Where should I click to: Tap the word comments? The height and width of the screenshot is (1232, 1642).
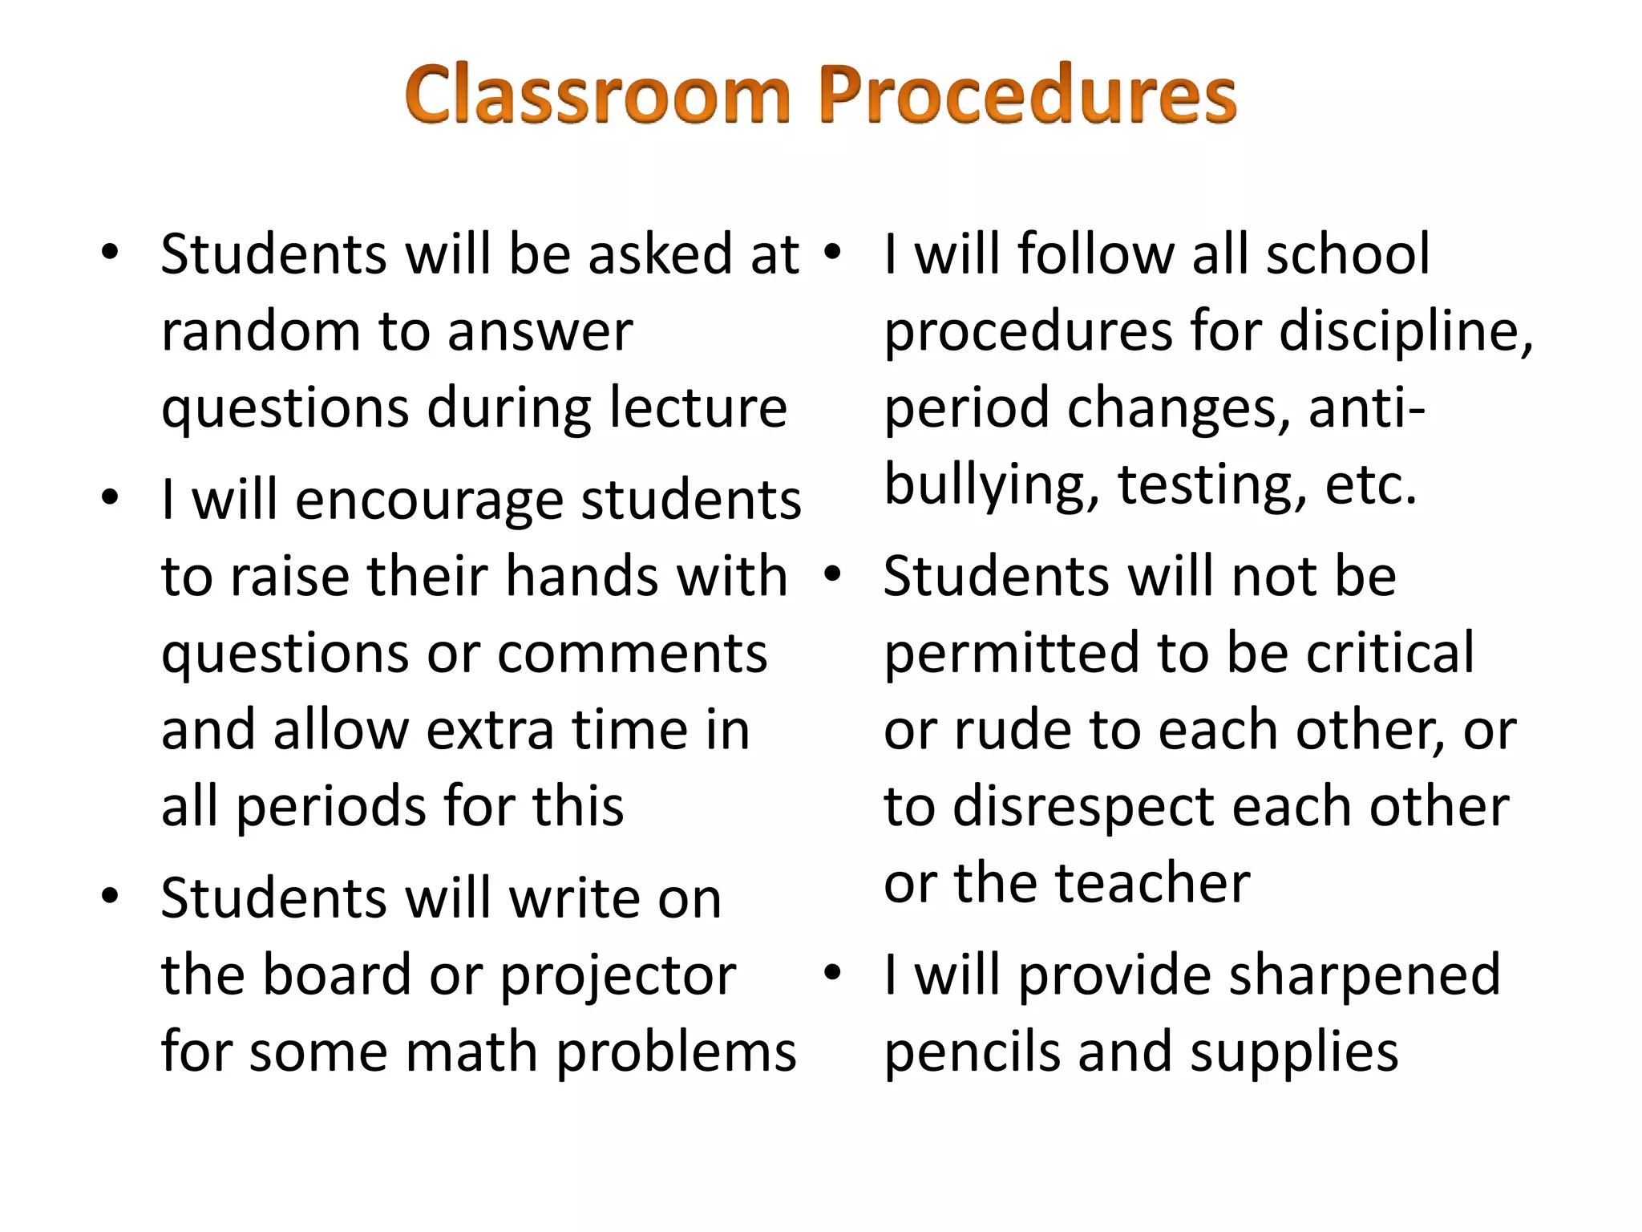pyautogui.click(x=632, y=653)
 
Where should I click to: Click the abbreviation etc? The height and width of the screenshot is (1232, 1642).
pyautogui.click(x=1370, y=486)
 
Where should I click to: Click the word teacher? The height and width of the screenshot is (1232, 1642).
pyautogui.click(x=1152, y=883)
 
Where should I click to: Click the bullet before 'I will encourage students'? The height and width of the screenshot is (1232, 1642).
pyautogui.click(x=111, y=497)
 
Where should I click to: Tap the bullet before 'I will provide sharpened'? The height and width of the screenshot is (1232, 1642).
pyautogui.click(x=832, y=973)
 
